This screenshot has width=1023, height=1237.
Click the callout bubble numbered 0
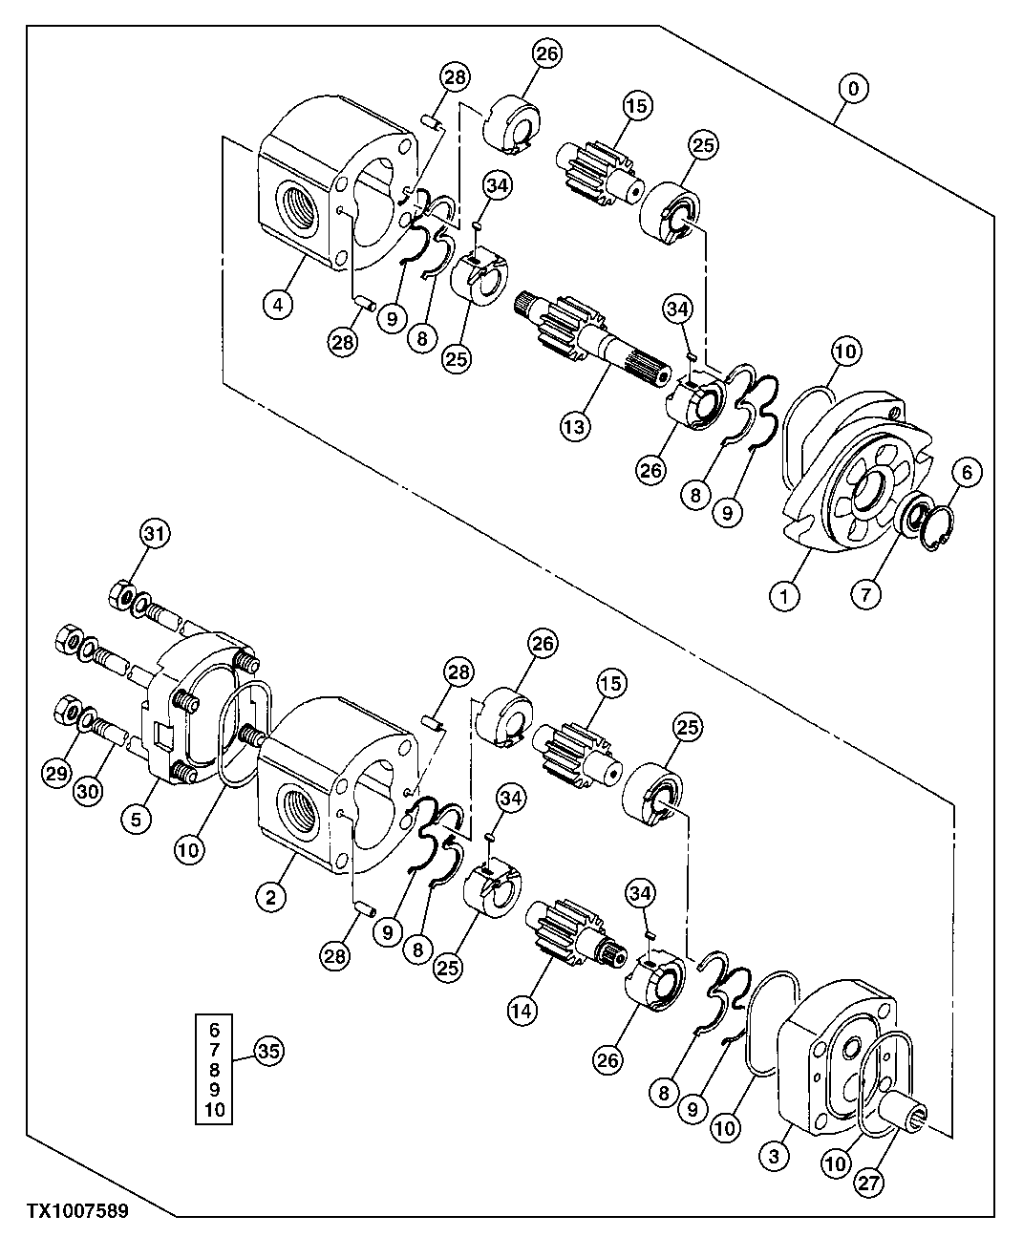pyautogui.click(x=853, y=89)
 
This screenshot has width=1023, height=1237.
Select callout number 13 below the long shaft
pyautogui.click(x=576, y=426)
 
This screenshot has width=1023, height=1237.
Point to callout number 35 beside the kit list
pyautogui.click(x=268, y=1052)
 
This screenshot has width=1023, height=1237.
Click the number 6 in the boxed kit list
pyautogui.click(x=213, y=1030)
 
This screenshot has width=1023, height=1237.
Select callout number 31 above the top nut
pyautogui.click(x=156, y=535)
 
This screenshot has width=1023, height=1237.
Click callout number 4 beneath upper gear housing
pyautogui.click(x=277, y=305)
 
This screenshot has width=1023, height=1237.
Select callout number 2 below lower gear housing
pyautogui.click(x=271, y=896)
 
